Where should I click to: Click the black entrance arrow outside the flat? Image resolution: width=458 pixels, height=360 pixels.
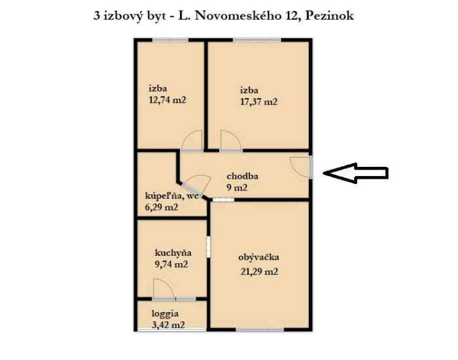tap(355, 173)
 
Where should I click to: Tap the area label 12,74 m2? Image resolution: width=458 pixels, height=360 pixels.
tap(167, 100)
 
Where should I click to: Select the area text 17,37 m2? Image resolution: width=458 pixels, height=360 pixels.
tap(258, 101)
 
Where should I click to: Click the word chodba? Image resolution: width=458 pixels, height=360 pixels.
tap(243, 176)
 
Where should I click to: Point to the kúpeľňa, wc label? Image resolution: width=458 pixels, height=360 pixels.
tap(171, 196)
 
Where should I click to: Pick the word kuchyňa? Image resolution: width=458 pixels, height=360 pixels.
tap(173, 253)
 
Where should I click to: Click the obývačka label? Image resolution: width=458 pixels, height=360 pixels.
tap(259, 257)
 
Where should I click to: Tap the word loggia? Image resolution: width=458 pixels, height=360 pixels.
tap(165, 314)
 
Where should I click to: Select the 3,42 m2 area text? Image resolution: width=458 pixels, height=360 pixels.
tap(169, 325)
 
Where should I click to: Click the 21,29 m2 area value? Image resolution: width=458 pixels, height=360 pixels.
tap(259, 272)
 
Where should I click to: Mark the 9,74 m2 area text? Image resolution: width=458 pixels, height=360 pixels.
tap(171, 264)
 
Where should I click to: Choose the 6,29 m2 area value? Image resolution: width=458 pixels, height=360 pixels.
tap(162, 207)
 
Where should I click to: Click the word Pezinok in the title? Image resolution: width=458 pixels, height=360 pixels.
tap(330, 16)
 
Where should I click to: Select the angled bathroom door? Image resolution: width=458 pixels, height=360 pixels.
tap(196, 185)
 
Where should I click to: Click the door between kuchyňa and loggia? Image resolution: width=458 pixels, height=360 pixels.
tap(164, 289)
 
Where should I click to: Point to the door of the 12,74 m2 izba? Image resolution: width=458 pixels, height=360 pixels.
tap(192, 141)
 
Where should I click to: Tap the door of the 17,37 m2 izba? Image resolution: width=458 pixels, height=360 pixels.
tap(231, 141)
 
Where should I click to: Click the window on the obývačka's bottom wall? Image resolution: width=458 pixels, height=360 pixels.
tap(260, 330)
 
